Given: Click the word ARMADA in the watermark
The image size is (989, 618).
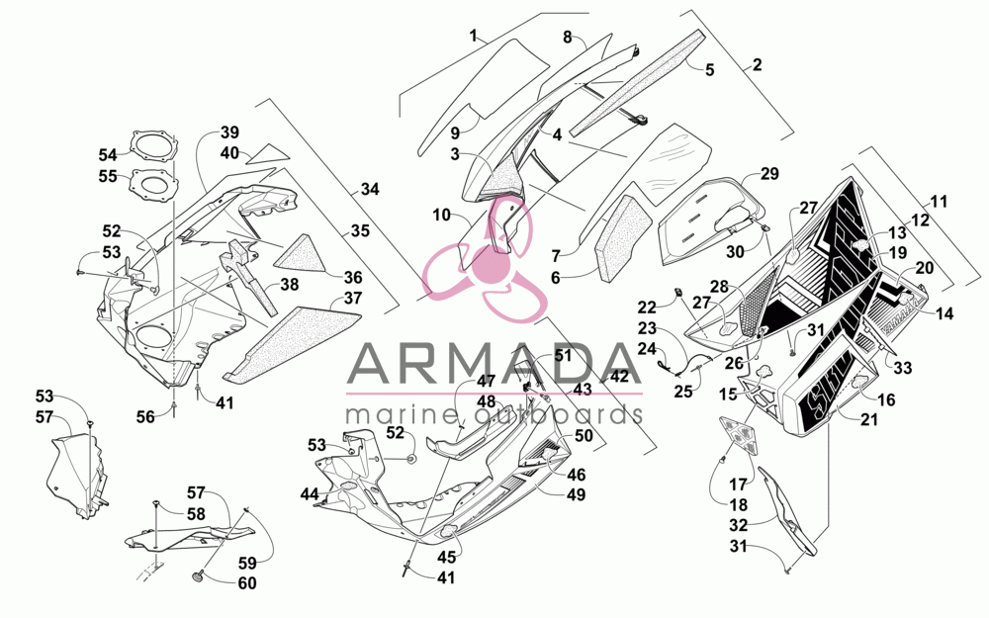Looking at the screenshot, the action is pos(494,365).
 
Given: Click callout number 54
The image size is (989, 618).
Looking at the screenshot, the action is pos(108,154).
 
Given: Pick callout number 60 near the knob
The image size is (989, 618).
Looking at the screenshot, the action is pos(247,583).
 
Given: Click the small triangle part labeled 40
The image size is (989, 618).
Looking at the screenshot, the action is pos(267,153).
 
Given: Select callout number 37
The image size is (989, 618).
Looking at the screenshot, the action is pos(353,297).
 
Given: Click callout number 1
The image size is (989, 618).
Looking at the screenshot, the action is pos(474,35).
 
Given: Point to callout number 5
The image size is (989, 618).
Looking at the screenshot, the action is pos(709,69).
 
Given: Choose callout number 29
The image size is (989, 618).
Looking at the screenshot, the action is pos(769,173).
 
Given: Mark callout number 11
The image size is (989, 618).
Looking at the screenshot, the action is pos(940,202).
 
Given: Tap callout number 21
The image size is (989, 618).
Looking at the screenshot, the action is pos(869,419).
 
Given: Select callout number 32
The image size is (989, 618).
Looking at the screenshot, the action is pos(739,525).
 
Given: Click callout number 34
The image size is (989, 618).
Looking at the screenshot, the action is pos(370,189).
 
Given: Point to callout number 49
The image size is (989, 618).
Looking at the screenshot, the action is pos(576,495).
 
